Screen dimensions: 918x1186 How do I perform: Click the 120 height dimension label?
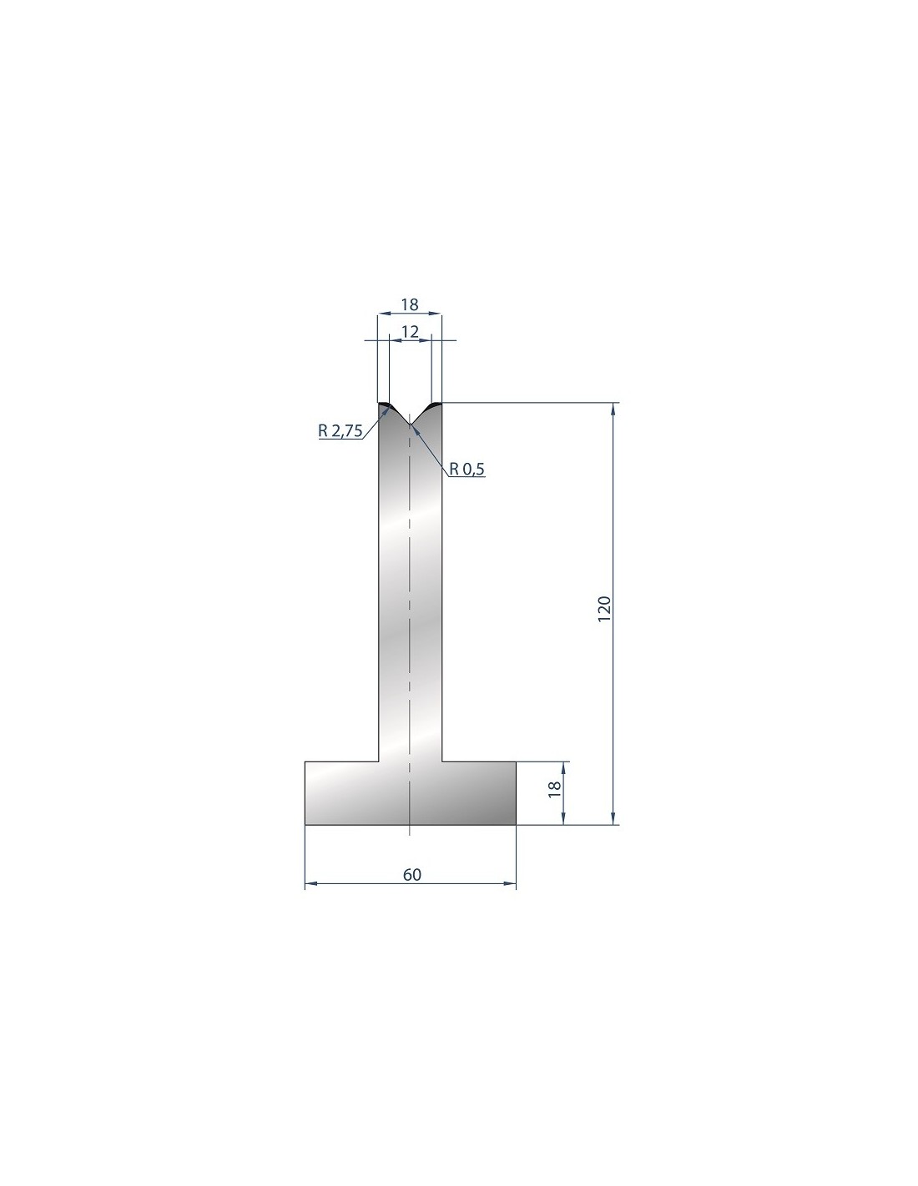click(604, 611)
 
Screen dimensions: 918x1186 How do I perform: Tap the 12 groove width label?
click(410, 331)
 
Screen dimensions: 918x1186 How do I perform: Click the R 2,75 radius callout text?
click(340, 431)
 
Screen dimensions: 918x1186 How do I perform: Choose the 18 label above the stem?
click(410, 304)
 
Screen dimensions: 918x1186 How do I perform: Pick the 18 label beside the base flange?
click(554, 789)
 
